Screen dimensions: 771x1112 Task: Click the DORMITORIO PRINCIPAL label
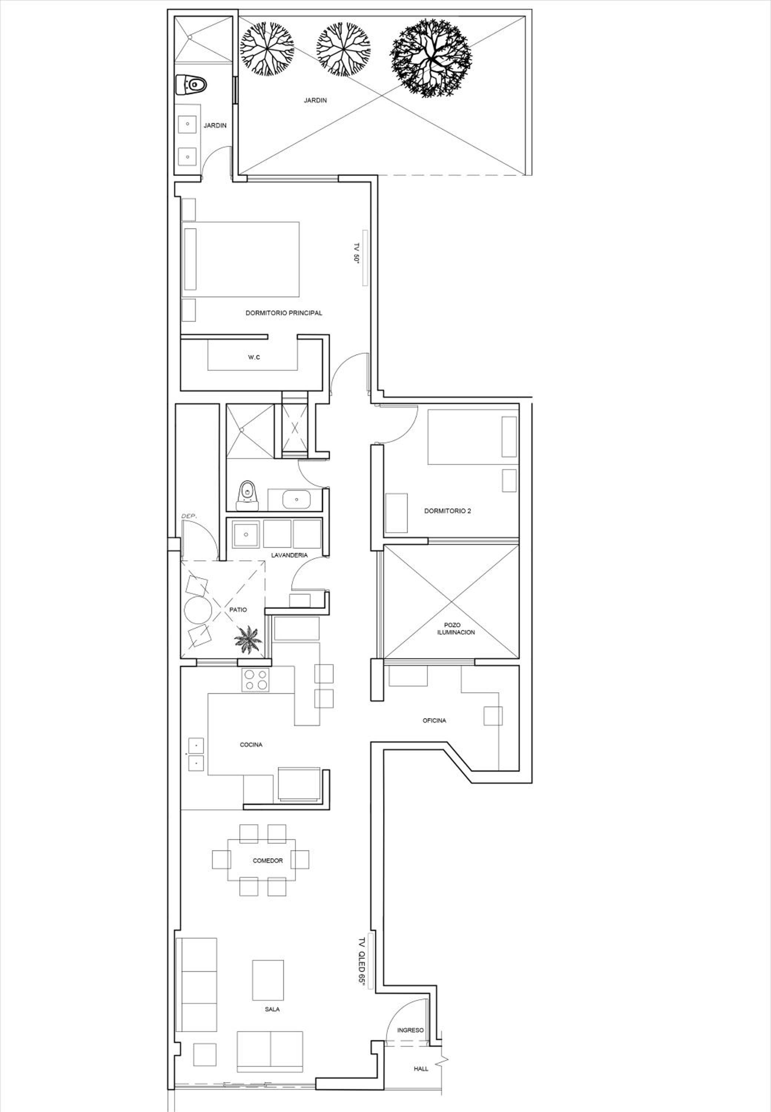coord(284,313)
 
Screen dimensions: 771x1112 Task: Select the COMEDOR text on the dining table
coord(268,860)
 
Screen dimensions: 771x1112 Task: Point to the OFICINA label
coord(434,720)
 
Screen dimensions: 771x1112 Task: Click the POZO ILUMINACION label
coord(453,628)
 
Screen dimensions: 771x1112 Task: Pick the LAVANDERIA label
coord(289,555)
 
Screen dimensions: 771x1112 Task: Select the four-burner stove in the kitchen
coord(255,679)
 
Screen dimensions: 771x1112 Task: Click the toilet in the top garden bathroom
coord(191,85)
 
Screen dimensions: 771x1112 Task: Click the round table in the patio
coord(198,610)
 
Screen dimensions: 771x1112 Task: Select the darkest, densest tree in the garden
coord(430,58)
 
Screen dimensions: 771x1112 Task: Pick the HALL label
coord(421,1069)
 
